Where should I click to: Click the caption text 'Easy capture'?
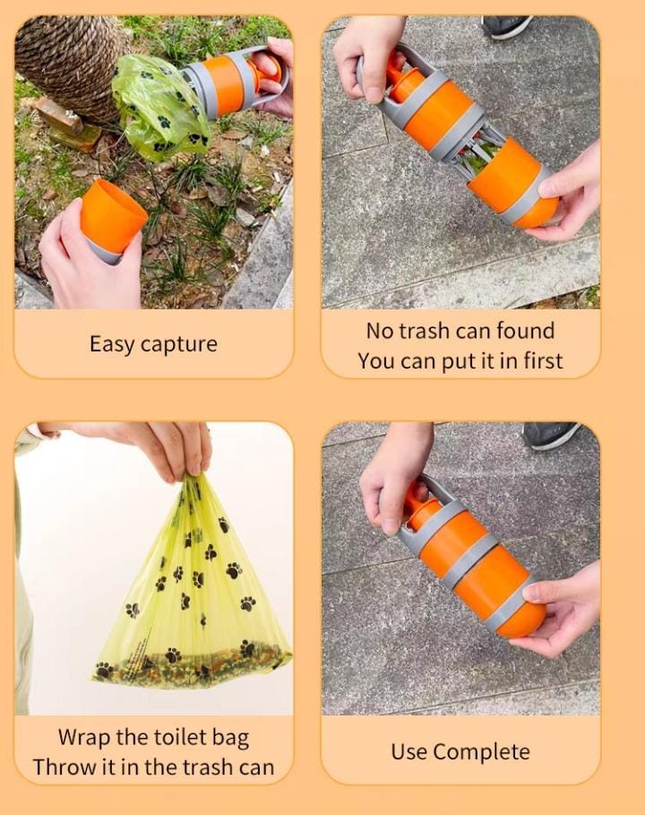coord(153,343)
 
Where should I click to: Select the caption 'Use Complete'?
coord(460,751)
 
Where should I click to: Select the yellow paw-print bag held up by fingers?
coord(193,592)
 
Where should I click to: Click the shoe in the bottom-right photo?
coord(551,435)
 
